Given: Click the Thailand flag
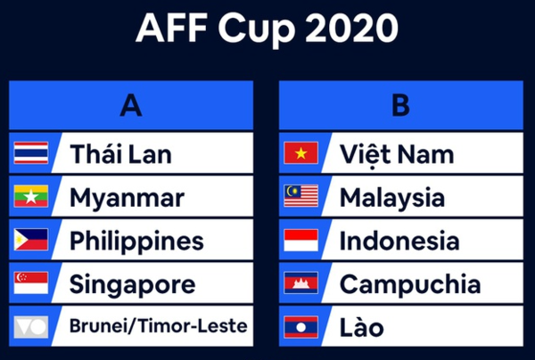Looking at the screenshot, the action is (x=31, y=152).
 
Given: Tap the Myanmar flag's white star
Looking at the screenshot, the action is (x=31, y=197).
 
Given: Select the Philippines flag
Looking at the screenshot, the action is (x=31, y=240).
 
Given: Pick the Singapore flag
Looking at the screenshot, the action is (x=31, y=283).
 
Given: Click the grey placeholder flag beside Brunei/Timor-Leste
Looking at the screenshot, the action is (x=31, y=327).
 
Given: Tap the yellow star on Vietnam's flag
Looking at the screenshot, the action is (x=301, y=153).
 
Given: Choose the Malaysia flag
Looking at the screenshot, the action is (x=301, y=196).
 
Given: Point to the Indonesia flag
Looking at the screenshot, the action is (x=301, y=240).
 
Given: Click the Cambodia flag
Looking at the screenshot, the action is (x=301, y=283).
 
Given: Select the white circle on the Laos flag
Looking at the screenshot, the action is (x=301, y=327).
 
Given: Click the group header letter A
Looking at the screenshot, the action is (x=131, y=105).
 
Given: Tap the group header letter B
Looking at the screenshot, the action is (x=401, y=105).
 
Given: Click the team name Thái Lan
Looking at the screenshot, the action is (x=120, y=153).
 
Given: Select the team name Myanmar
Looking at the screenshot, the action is (x=127, y=199).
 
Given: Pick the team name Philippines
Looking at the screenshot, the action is (x=136, y=241).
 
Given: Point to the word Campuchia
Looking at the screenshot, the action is (x=410, y=285).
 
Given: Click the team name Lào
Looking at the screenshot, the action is (x=362, y=326).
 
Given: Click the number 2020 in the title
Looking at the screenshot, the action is (x=352, y=28).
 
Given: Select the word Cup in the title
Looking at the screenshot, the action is (x=256, y=30).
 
